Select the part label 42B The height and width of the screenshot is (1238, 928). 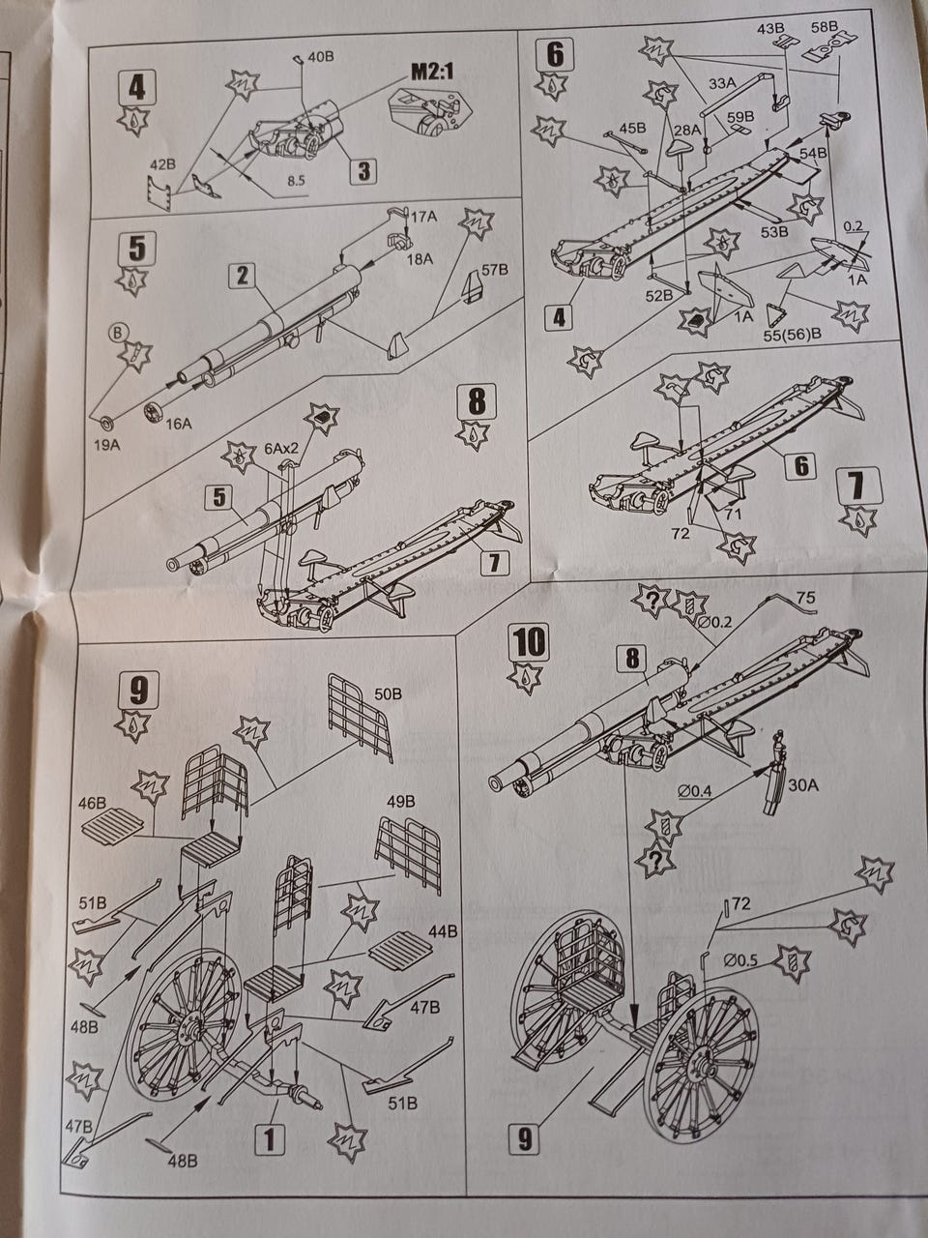pyautogui.click(x=162, y=165)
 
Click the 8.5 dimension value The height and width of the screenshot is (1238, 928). pyautogui.click(x=296, y=181)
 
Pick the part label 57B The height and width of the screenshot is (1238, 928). pyautogui.click(x=495, y=270)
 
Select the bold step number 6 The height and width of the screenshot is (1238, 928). pyautogui.click(x=555, y=55)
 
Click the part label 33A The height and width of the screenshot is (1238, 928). pyautogui.click(x=722, y=83)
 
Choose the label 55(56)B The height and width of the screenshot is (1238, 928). pyautogui.click(x=793, y=334)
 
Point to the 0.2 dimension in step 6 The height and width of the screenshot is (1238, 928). pyautogui.click(x=853, y=226)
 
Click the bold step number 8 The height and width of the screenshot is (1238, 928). pyautogui.click(x=477, y=401)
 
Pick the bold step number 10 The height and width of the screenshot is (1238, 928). pyautogui.click(x=529, y=642)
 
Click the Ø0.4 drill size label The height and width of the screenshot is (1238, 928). pyautogui.click(x=695, y=792)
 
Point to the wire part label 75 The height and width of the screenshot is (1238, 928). pyautogui.click(x=806, y=597)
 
